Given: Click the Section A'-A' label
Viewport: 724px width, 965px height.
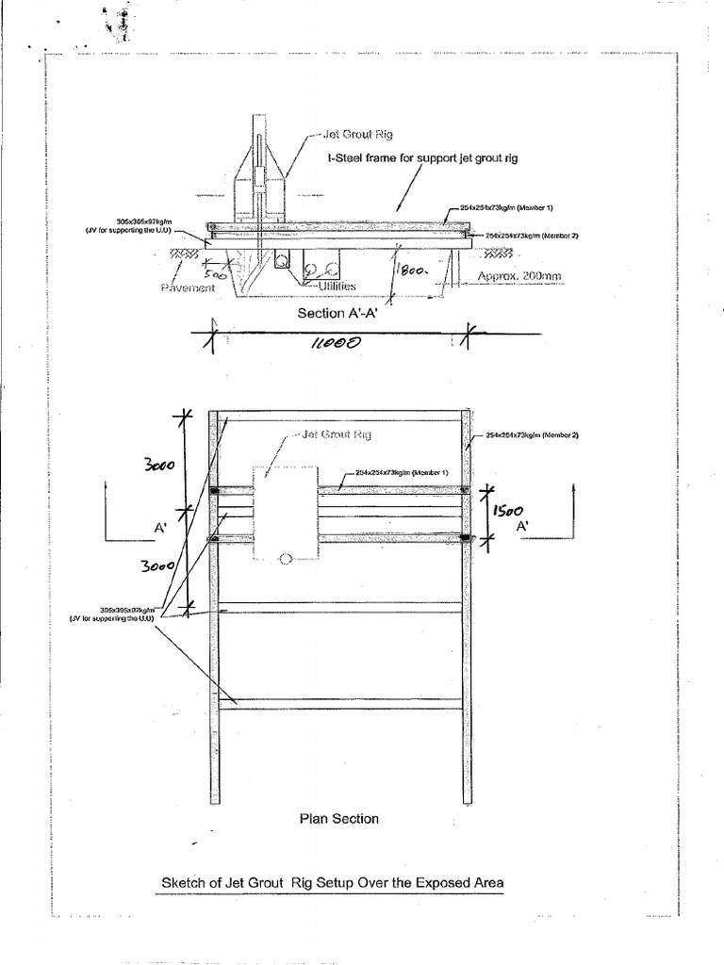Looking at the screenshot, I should pos(337,313).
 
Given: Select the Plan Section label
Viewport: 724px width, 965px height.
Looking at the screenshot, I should pos(338,819).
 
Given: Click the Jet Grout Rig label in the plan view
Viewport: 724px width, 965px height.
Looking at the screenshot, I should pos(336,434).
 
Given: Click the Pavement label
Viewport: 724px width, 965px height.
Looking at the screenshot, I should pos(188,287).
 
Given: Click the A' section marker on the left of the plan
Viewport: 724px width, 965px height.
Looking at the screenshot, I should pos(160,529).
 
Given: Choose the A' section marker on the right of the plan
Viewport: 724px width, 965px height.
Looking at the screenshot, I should pos(522,527).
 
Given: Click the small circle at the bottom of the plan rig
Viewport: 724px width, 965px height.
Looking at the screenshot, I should pos(285,559).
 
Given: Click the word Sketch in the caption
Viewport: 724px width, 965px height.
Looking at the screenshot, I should pos(184,883).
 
